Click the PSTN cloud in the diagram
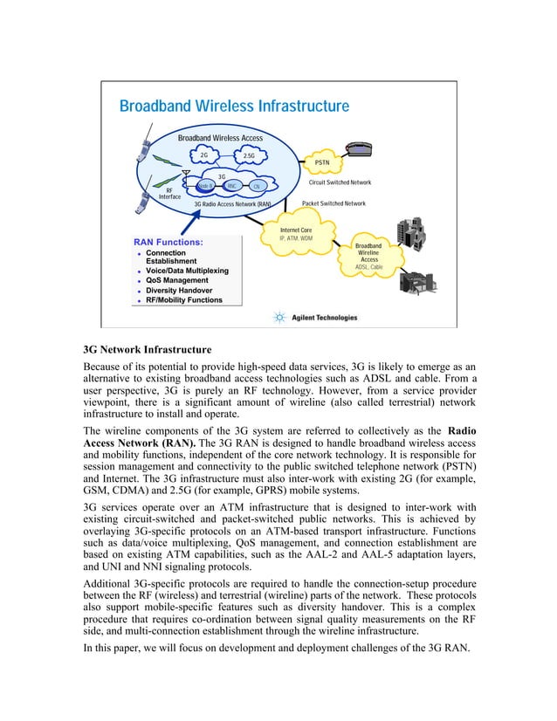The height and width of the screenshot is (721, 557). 327,161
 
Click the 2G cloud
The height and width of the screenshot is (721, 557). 203,155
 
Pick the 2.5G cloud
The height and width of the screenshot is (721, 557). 249,156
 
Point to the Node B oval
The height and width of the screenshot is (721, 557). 205,186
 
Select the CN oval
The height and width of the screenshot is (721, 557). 257,186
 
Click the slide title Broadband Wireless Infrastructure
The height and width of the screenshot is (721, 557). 234,106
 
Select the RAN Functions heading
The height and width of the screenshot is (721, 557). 168,242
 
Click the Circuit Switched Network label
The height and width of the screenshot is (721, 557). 340,182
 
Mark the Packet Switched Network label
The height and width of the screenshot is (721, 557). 334,203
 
